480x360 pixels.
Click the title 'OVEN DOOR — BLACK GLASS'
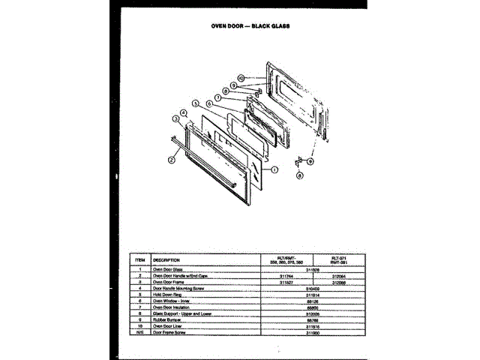point(241,25)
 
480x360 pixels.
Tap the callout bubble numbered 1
point(275,169)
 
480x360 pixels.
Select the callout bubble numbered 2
point(172,159)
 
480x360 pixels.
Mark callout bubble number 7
point(217,97)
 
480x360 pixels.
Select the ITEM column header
point(139,259)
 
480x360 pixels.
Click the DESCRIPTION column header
point(166,259)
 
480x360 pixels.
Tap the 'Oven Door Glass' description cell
point(168,269)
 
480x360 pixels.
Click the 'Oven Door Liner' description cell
point(168,325)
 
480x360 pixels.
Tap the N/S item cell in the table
point(139,331)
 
